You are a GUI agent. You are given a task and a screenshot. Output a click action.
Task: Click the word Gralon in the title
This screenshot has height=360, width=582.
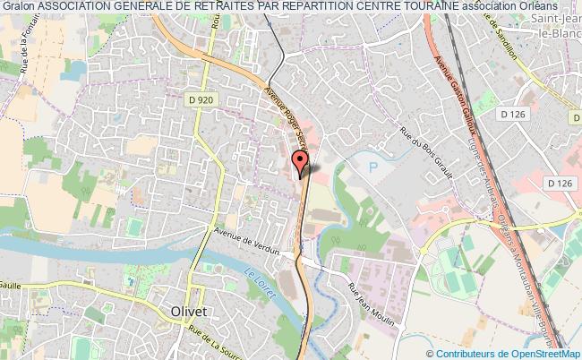(19, 8)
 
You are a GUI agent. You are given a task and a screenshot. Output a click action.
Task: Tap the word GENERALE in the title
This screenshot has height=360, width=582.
(129, 8)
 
